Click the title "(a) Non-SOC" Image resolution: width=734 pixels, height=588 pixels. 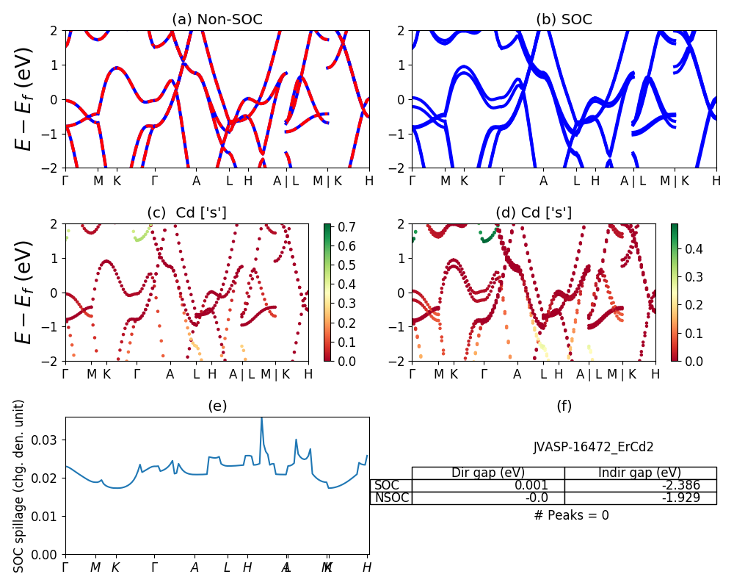click(x=217, y=20)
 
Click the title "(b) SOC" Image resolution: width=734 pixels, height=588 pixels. click(x=564, y=20)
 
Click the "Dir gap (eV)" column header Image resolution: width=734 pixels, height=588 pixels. click(x=488, y=473)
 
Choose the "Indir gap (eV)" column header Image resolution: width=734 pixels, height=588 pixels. click(x=640, y=473)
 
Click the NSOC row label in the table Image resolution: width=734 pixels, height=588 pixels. click(x=392, y=498)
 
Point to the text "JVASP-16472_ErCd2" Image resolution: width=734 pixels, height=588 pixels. click(x=594, y=446)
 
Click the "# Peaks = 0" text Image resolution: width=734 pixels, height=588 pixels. click(x=571, y=515)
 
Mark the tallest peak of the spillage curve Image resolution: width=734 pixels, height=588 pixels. click(x=261, y=418)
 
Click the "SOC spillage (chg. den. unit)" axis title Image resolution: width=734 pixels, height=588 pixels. click(x=20, y=486)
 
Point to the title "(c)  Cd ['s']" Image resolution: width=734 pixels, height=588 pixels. click(x=186, y=213)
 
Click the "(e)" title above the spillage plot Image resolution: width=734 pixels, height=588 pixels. click(x=217, y=406)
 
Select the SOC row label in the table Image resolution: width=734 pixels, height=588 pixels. click(x=387, y=485)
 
